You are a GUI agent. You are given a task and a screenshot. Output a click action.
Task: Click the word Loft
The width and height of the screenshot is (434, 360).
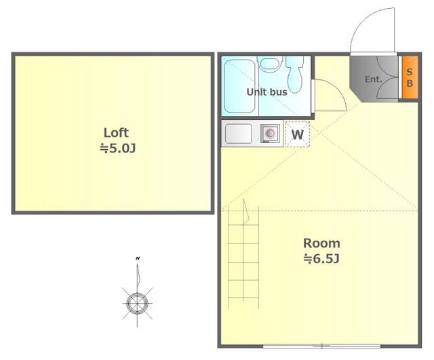pos(116,133)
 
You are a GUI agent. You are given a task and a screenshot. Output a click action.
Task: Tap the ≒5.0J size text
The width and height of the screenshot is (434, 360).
pos(117,148)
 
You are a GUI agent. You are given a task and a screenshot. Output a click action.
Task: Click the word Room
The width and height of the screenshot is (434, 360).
pos(321,243)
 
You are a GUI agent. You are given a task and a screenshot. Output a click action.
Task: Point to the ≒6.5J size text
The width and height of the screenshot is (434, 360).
pos(321,259)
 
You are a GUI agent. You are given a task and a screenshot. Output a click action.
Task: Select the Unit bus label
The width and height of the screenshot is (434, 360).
pos(267,92)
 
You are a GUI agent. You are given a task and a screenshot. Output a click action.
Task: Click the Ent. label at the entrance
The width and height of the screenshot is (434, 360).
pos(374,79)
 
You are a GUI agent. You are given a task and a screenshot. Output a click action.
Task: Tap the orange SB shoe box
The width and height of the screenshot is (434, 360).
pos(410,77)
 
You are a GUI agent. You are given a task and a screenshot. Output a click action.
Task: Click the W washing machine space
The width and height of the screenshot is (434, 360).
pos(297,134)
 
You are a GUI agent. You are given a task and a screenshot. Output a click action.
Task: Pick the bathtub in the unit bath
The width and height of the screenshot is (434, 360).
pos(239,87)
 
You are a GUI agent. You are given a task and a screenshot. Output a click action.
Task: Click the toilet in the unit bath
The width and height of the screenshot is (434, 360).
pos(295,74)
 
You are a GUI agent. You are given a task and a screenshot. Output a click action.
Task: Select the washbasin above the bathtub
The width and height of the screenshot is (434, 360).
pos(270,64)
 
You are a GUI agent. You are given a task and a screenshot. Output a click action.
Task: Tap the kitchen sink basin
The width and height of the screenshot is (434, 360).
pos(239,134)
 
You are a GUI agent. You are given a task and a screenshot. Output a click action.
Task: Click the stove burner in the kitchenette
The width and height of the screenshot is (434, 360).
pos(270,134)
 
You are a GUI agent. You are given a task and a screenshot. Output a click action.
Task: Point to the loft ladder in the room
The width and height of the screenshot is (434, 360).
pos(243,258)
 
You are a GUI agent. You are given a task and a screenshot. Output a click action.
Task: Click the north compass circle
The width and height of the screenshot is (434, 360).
pos(137,303)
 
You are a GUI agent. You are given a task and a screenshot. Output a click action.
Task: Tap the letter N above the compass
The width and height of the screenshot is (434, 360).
pos(138,258)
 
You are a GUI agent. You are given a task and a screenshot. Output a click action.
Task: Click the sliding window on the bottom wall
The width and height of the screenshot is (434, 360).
pos(322,346)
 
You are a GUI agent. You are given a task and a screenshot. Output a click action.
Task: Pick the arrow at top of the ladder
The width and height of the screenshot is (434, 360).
pos(245,211)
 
